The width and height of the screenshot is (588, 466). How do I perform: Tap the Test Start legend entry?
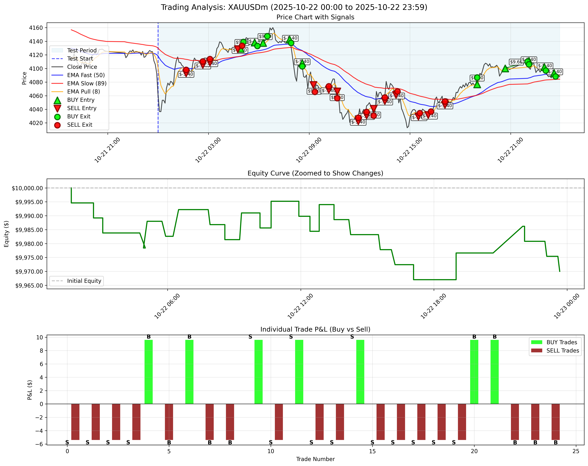80,59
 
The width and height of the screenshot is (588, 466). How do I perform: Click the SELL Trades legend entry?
562,351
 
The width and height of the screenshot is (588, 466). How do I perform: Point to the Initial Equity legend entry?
84,281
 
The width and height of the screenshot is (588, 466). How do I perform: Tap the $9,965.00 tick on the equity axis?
27,286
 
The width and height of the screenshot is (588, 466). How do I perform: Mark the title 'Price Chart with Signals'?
315,17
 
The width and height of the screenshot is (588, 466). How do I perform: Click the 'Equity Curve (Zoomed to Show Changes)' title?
315,173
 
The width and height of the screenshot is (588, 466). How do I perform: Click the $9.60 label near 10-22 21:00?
516,62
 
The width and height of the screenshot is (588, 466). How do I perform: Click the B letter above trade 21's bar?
494,337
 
